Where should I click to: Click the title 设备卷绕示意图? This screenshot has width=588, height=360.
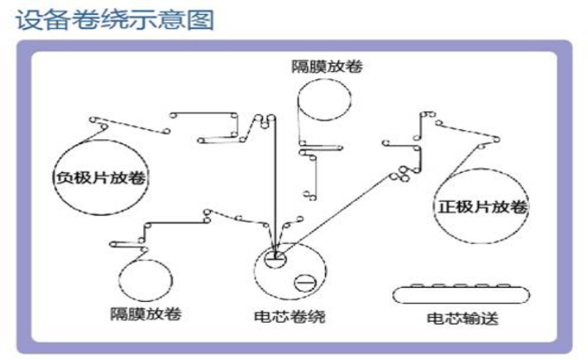(x=115, y=19)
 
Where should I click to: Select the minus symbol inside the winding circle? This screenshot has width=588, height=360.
(x=303, y=281)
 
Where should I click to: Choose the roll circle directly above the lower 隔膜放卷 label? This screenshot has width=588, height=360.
(x=146, y=279)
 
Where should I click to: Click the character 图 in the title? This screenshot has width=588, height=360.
(x=201, y=19)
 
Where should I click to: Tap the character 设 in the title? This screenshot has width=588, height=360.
(x=29, y=19)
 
